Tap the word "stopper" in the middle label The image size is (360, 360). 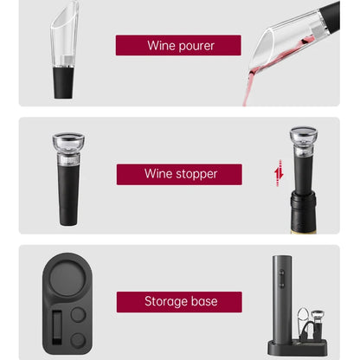(x=195, y=174)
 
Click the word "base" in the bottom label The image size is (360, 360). (x=203, y=302)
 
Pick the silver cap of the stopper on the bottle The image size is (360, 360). (x=302, y=136)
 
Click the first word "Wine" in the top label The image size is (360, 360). (x=161, y=46)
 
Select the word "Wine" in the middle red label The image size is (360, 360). (x=157, y=174)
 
